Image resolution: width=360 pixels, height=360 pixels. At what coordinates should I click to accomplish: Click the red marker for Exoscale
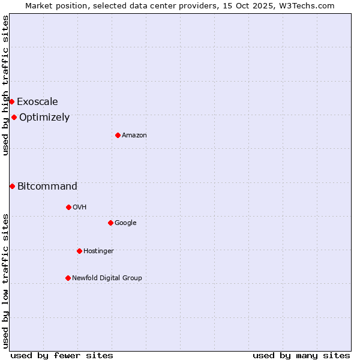(11, 101)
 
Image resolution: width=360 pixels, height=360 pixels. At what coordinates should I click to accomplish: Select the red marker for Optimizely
(14, 117)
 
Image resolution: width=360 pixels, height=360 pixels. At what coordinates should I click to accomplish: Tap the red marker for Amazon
(118, 135)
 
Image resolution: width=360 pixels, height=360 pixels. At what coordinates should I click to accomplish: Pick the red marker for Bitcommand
(12, 186)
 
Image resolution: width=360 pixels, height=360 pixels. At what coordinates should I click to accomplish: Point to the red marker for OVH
(68, 207)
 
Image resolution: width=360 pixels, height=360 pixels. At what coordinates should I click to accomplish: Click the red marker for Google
(110, 223)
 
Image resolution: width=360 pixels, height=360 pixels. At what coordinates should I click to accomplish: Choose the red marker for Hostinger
(79, 251)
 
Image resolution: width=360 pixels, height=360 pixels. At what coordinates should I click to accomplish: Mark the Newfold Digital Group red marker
(68, 278)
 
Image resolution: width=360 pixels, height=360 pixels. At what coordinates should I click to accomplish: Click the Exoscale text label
(37, 102)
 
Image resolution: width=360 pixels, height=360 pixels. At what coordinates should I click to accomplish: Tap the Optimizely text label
(44, 118)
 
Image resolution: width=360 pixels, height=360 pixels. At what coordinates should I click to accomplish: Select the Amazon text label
(134, 136)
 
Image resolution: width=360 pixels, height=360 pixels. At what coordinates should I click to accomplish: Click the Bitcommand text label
(47, 187)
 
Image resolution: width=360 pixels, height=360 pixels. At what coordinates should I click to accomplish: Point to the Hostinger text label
(98, 251)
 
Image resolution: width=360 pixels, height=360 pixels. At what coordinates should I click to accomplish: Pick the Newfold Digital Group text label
(107, 278)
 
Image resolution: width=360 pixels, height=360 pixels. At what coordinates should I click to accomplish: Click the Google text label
(125, 223)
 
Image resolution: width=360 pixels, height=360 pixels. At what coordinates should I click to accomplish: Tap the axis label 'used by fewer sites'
(62, 355)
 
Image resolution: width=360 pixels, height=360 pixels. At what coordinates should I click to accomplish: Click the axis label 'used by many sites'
(301, 355)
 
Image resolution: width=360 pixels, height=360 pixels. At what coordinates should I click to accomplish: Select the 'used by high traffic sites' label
(5, 86)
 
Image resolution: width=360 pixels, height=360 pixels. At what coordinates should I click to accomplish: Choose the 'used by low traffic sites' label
(5, 281)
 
